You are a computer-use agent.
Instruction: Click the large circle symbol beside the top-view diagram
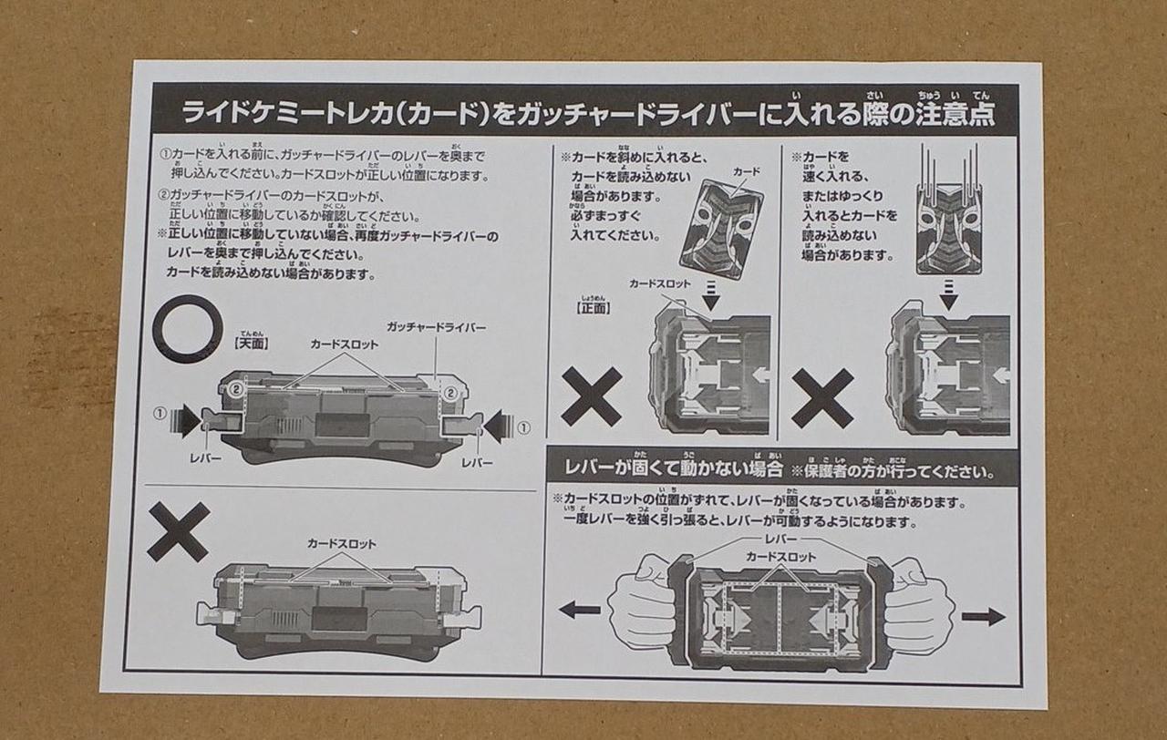pyautogui.click(x=188, y=329)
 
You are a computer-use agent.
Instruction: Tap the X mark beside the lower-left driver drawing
pyautogui.click(x=178, y=531)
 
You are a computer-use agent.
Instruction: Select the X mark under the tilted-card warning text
pyautogui.click(x=591, y=396)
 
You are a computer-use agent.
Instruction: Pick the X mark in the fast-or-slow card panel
pyautogui.click(x=822, y=398)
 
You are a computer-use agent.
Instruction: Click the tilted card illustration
pyautogui.click(x=720, y=229)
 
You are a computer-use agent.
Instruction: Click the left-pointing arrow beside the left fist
pyautogui.click(x=580, y=610)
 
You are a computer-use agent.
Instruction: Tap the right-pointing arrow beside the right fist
pyautogui.click(x=983, y=617)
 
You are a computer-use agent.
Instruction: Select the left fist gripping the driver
pyautogui.click(x=642, y=601)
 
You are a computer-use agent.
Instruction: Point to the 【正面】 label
pyautogui.click(x=594, y=307)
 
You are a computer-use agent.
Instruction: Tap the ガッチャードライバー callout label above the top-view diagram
pyautogui.click(x=435, y=326)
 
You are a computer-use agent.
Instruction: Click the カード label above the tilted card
pyautogui.click(x=746, y=171)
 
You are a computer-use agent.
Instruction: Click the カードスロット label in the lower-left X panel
pyautogui.click(x=341, y=544)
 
